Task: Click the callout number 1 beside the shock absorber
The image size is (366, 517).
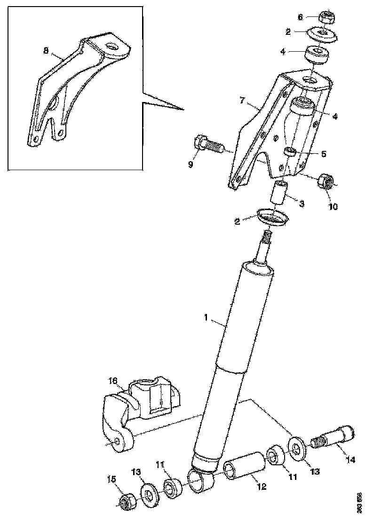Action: (206, 318)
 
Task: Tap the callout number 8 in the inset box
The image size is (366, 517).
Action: (46, 51)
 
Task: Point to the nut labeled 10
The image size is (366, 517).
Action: (326, 181)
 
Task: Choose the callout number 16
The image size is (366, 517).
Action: (113, 381)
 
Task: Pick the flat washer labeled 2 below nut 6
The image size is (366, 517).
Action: (323, 35)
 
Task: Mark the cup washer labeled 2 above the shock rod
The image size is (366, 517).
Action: (273, 218)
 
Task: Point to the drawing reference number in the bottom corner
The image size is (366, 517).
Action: (359, 502)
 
